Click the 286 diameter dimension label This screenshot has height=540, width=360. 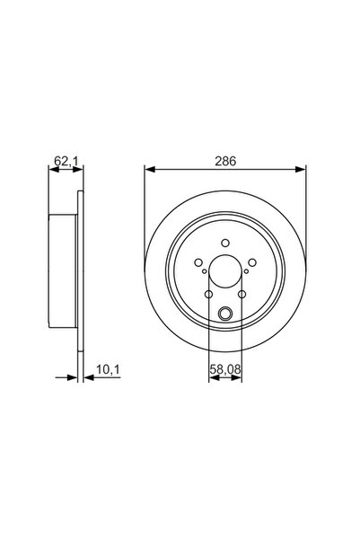(225, 161)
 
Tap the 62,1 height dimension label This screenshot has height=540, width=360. (66, 161)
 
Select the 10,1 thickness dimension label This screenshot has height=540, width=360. (108, 369)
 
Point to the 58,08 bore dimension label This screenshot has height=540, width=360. (225, 369)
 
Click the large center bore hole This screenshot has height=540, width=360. (225, 271)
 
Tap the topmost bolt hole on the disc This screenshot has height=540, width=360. (225, 243)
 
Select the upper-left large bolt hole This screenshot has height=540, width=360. (198, 262)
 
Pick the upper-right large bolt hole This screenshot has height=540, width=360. (252, 262)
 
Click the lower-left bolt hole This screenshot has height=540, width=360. (208, 295)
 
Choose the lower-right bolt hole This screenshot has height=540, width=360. (242, 295)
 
